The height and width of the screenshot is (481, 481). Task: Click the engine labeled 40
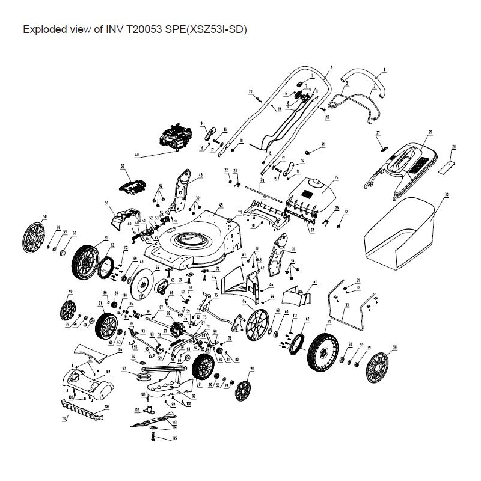click(174, 137)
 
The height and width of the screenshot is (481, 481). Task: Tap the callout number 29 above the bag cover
click(430, 132)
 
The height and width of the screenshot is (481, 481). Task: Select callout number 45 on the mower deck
click(221, 205)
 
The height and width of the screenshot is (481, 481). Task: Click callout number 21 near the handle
click(323, 145)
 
